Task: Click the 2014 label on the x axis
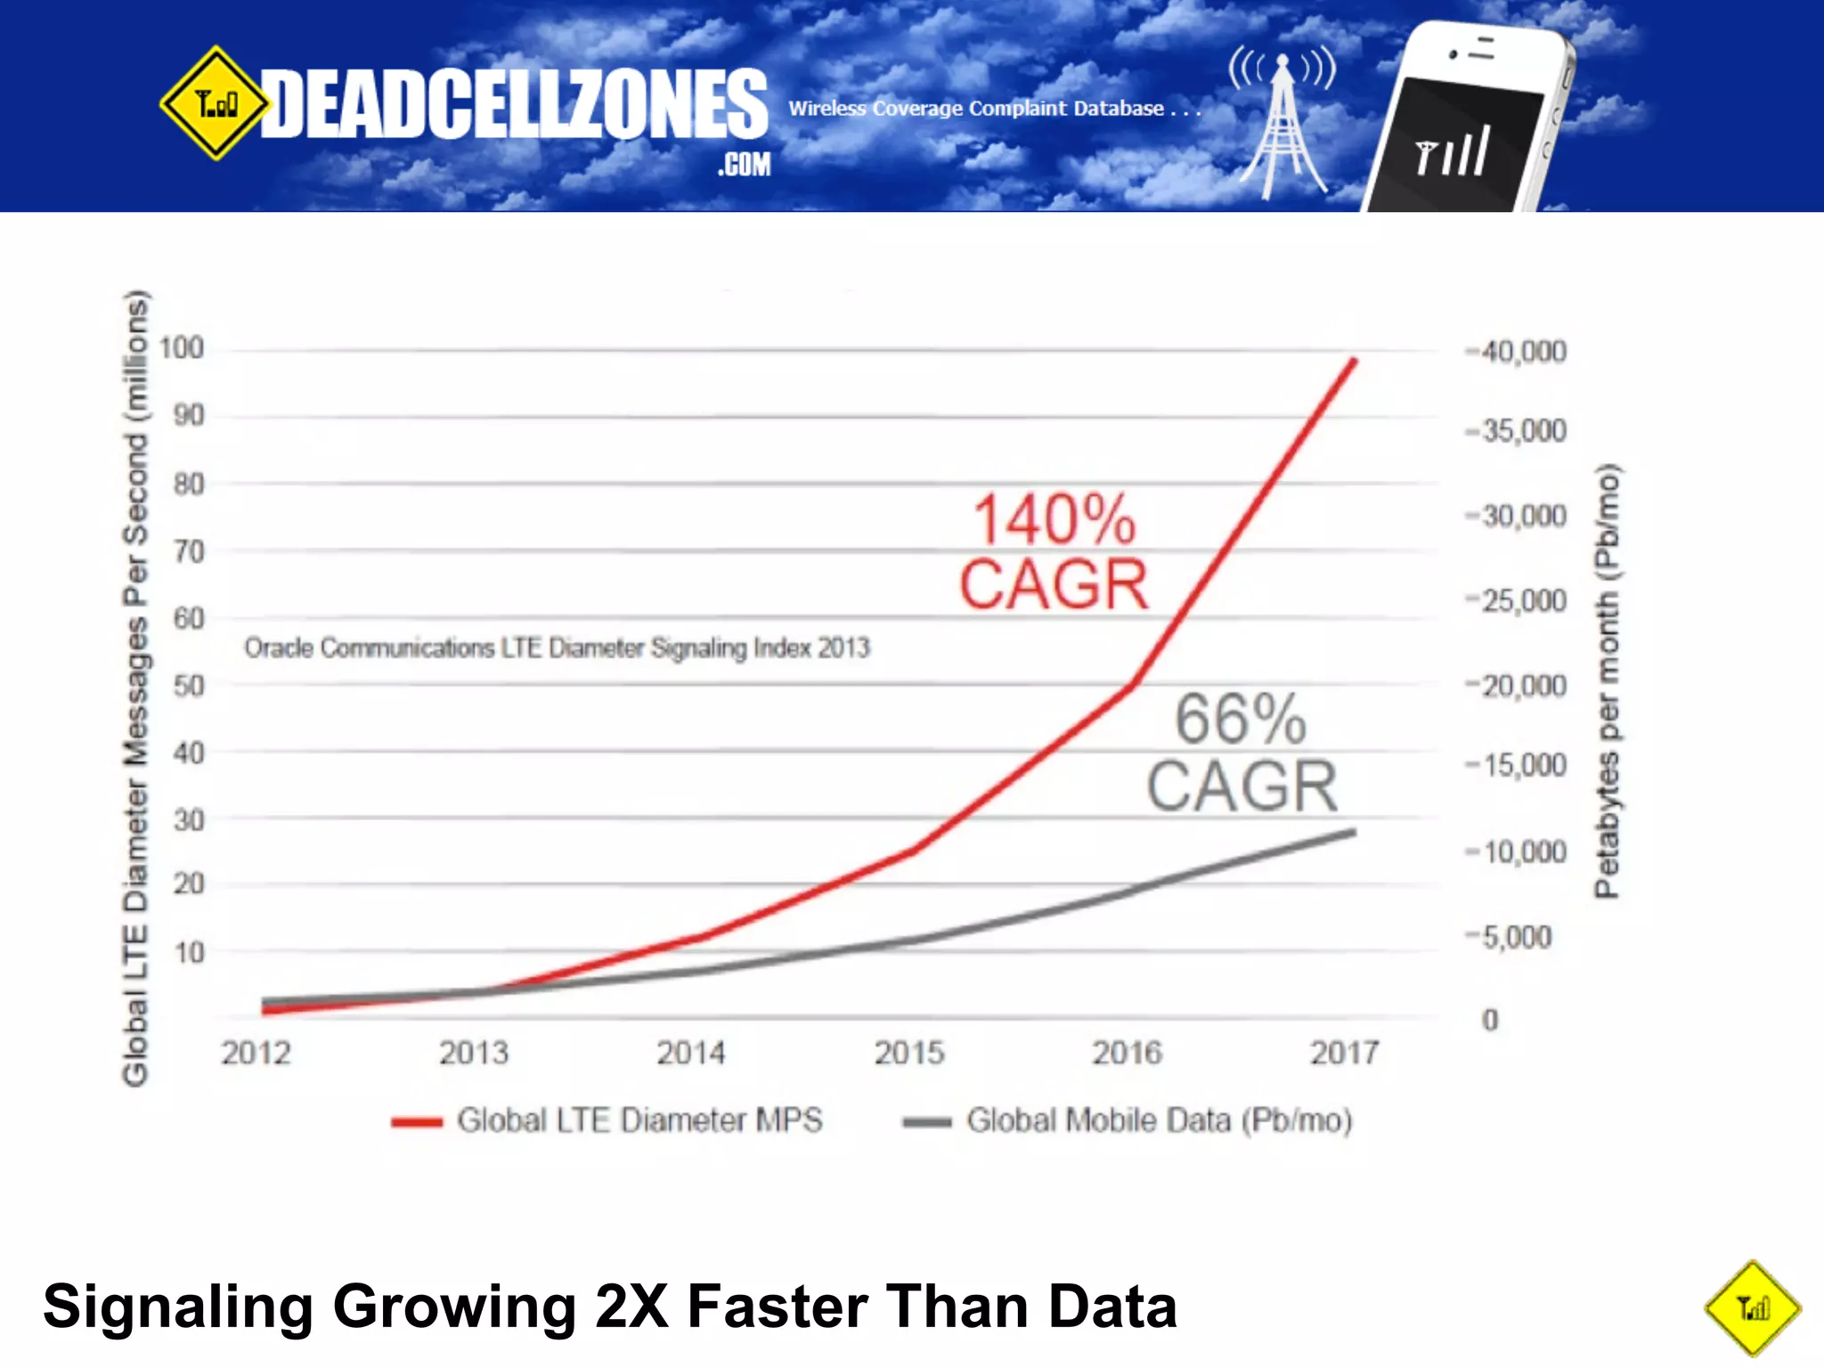coord(690,1053)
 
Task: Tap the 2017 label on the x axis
coord(1344,1053)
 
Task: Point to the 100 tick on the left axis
coord(181,348)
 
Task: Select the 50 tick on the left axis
coord(188,686)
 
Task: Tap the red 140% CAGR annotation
coord(1054,552)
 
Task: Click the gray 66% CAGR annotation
coord(1242,753)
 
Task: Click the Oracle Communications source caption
coord(557,647)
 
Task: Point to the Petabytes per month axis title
coord(1607,681)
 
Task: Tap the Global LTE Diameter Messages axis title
coord(135,688)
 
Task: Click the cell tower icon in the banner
coord(1282,125)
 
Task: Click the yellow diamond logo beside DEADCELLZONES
coord(215,103)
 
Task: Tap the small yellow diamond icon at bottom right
coord(1752,1307)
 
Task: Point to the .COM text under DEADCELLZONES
coord(745,165)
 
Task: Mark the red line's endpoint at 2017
coord(1354,360)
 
